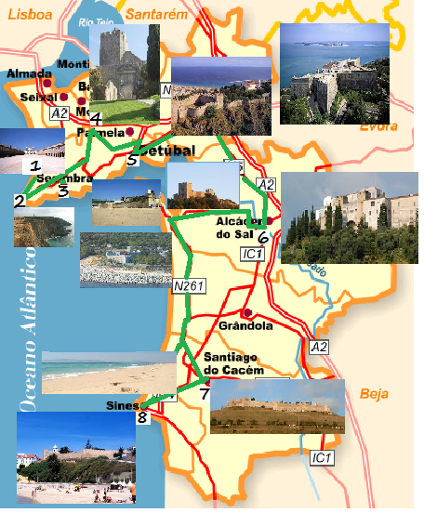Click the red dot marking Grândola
(247, 313)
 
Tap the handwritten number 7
(205, 393)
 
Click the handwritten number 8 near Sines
(141, 417)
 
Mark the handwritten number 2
(20, 200)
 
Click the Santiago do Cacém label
(233, 364)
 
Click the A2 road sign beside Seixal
(60, 112)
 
